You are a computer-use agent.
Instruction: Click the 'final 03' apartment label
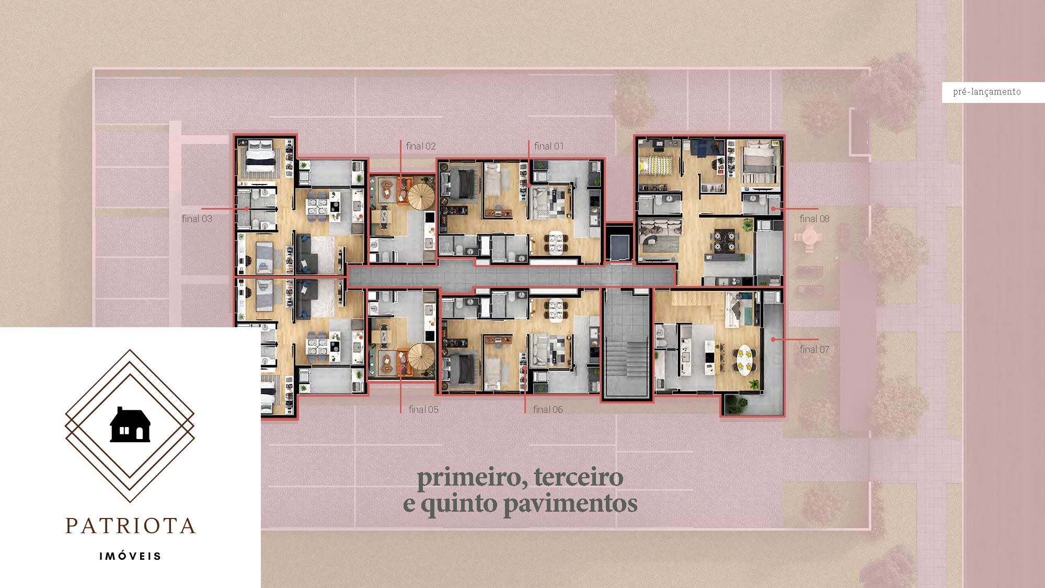coord(197,219)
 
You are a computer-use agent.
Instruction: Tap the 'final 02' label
coord(420,146)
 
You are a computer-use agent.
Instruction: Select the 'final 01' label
coord(548,146)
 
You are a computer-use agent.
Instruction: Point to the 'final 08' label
coord(814,219)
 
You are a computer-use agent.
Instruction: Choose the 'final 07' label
coord(814,350)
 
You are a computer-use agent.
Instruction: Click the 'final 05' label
coord(423,410)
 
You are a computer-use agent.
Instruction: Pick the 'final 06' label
coord(547,410)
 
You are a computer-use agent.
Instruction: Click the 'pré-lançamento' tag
coord(986,92)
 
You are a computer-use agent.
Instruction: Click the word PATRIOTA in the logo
coord(131,526)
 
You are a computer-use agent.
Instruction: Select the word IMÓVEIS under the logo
coord(131,556)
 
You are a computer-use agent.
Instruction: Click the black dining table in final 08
coord(725,239)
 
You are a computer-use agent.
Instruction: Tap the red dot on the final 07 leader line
coord(773,340)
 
